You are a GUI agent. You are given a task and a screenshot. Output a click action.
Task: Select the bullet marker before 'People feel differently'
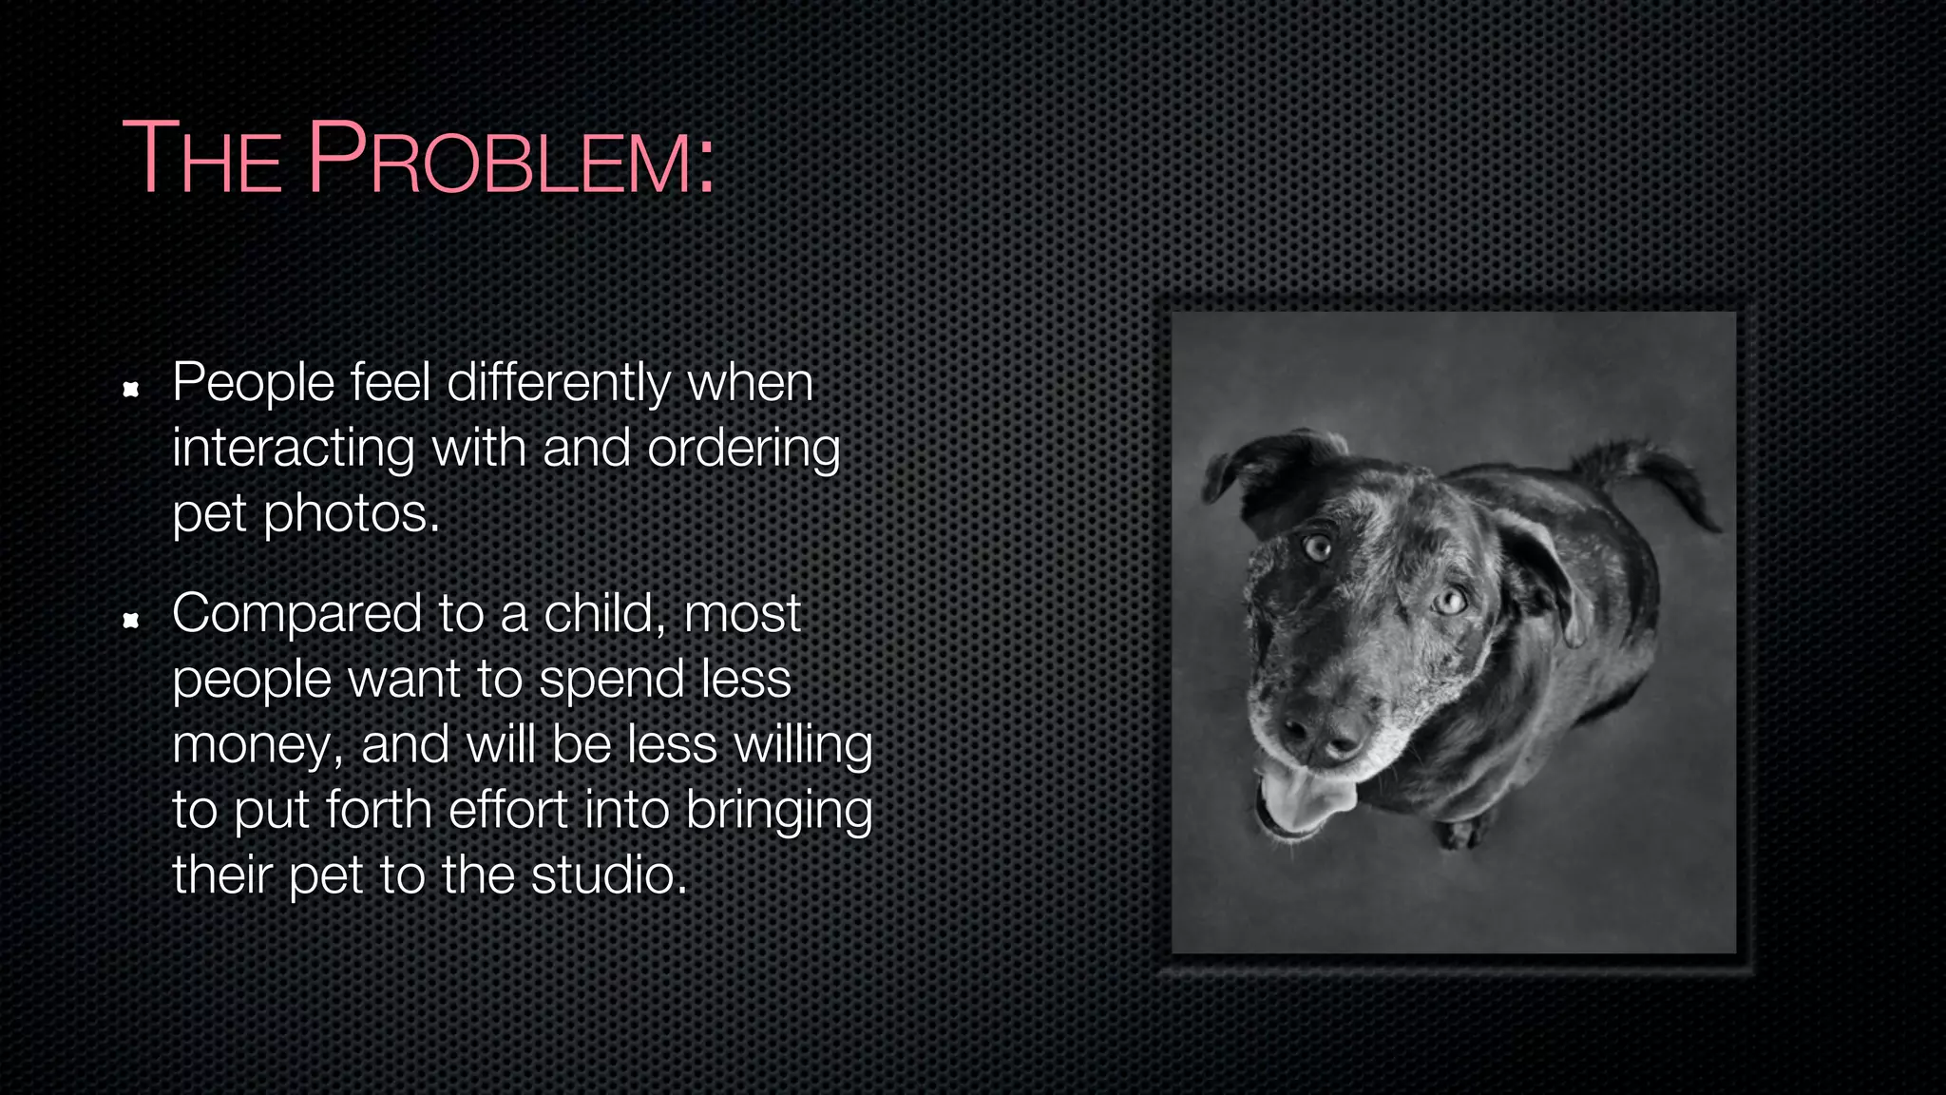(132, 389)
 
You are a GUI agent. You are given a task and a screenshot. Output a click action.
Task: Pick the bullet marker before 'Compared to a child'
(132, 621)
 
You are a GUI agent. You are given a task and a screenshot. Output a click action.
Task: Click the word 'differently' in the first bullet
(559, 383)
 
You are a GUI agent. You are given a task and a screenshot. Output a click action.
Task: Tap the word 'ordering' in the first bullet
(743, 449)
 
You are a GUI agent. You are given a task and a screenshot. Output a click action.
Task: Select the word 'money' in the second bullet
(255, 745)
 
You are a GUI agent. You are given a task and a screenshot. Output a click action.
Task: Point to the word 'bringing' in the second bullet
(778, 811)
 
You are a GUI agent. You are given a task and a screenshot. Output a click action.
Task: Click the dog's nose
(1323, 732)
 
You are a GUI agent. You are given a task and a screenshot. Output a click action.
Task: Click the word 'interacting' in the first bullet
(293, 449)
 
